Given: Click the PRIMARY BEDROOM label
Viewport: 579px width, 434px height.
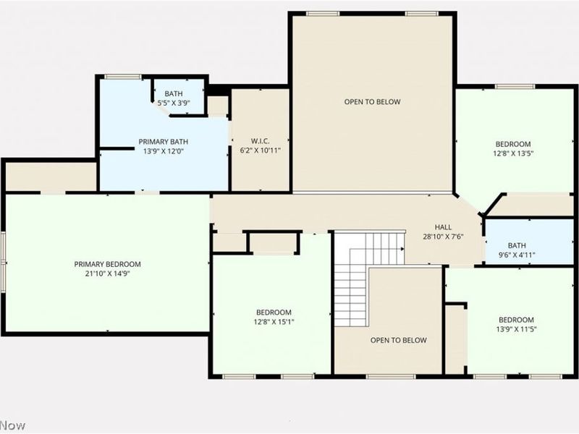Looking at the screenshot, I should click(107, 264).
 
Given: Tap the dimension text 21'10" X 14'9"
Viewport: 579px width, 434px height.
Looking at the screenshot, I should click(107, 273).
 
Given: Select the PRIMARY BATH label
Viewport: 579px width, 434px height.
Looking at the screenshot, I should click(164, 142).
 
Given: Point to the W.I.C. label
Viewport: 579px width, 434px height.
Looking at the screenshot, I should click(260, 141).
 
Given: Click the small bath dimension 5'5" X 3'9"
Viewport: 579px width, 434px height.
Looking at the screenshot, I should click(174, 103).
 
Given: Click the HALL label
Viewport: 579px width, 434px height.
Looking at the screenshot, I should click(443, 226).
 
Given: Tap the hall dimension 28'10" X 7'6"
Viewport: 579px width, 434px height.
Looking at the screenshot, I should click(443, 236).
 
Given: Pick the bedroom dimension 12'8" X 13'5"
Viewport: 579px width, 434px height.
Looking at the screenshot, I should click(513, 153).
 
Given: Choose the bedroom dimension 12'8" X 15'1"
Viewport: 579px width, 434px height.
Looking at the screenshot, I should click(274, 322).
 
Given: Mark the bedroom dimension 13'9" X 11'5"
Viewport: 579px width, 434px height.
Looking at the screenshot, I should click(516, 329).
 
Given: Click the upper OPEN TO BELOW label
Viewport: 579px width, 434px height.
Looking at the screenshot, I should click(372, 102).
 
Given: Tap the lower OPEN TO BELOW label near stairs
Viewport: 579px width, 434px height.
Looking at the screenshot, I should click(398, 340).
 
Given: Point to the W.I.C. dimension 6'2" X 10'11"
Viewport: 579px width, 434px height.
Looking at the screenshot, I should click(260, 150).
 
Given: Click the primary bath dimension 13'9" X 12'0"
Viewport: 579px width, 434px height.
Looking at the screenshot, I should click(164, 151).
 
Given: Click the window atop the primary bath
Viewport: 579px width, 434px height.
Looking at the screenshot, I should click(123, 77).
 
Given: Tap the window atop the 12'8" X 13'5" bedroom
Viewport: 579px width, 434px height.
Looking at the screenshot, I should click(515, 87).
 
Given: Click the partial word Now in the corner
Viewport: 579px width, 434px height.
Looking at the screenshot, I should click(12, 425).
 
